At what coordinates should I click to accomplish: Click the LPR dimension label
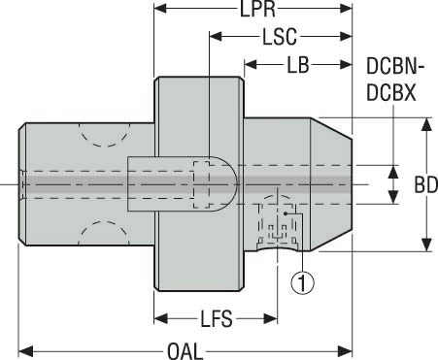point(254,11)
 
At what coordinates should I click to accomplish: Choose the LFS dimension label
point(217,317)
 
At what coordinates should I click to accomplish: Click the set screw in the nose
point(275,225)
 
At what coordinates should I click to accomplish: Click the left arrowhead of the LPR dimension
point(160,11)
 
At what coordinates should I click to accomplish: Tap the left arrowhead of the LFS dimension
point(160,317)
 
